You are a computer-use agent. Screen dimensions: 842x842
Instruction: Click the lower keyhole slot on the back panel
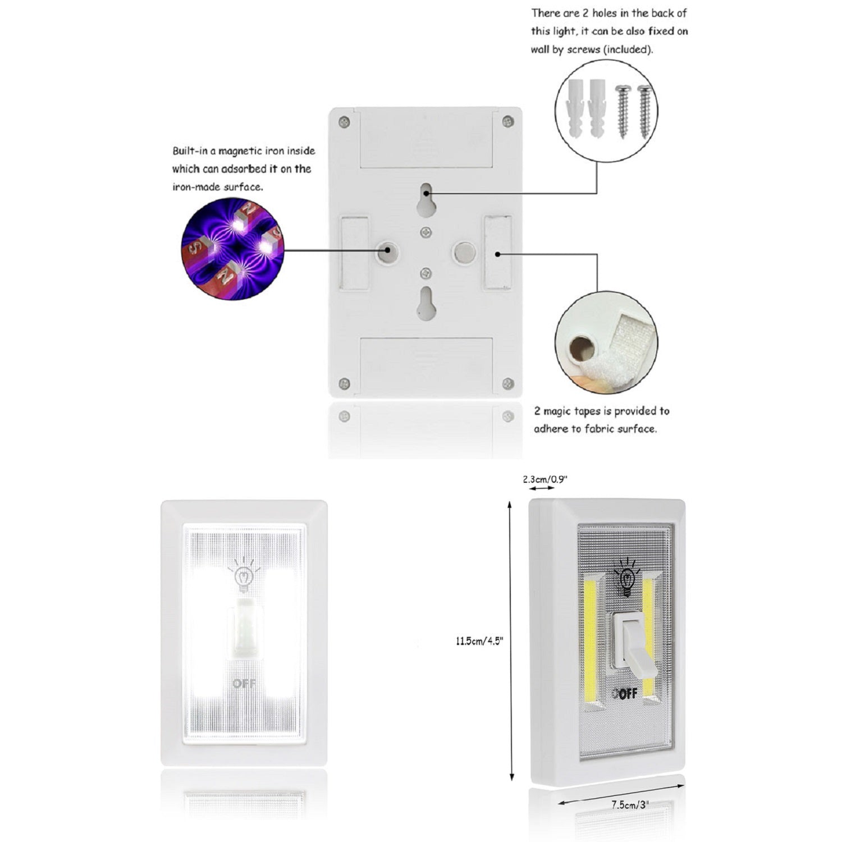click(426, 303)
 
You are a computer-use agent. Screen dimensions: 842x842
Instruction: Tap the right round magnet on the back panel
click(465, 252)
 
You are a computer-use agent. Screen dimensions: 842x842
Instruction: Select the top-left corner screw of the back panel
click(345, 121)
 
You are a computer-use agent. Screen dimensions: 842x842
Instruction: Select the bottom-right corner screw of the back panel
click(507, 384)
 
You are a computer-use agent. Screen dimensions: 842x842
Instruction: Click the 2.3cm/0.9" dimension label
click(545, 479)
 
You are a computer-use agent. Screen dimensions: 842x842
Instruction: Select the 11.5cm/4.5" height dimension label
click(479, 640)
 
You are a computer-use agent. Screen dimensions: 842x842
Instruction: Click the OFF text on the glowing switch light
click(244, 683)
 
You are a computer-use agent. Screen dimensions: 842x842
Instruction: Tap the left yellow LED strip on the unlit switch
click(592, 640)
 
